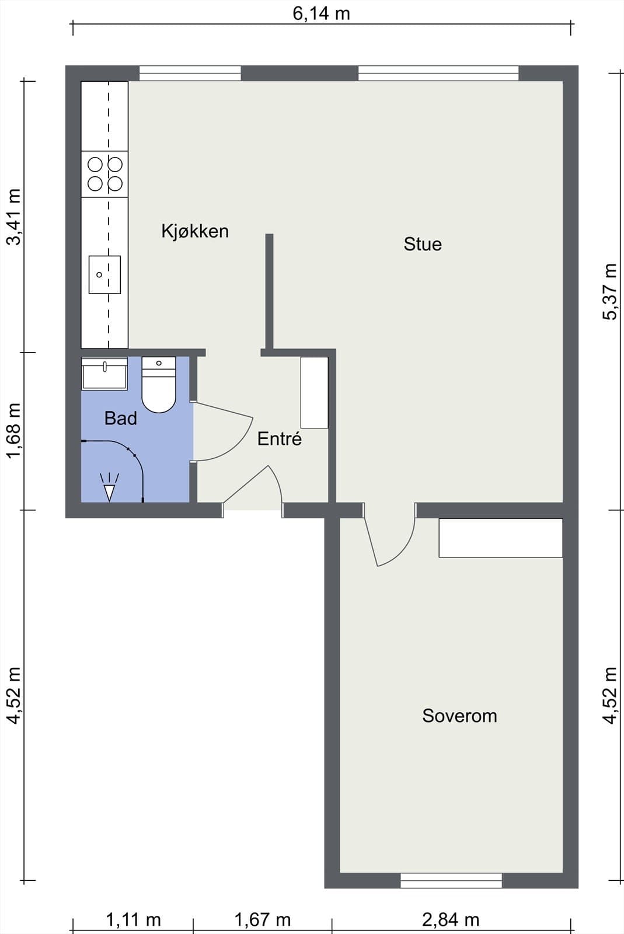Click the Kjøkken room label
(195, 231)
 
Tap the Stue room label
(423, 244)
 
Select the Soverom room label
(459, 716)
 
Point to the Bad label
(121, 418)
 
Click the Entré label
(280, 439)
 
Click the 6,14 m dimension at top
(321, 13)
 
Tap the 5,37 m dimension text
(610, 291)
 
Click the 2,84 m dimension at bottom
(451, 920)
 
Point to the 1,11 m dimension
(133, 920)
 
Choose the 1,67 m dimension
(263, 920)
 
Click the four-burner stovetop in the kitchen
(105, 174)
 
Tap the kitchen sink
(104, 274)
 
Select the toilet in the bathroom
(159, 385)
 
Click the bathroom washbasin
(104, 374)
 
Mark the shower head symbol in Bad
(109, 488)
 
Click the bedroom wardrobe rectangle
(500, 538)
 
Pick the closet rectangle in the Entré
(314, 392)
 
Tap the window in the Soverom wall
(451, 880)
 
